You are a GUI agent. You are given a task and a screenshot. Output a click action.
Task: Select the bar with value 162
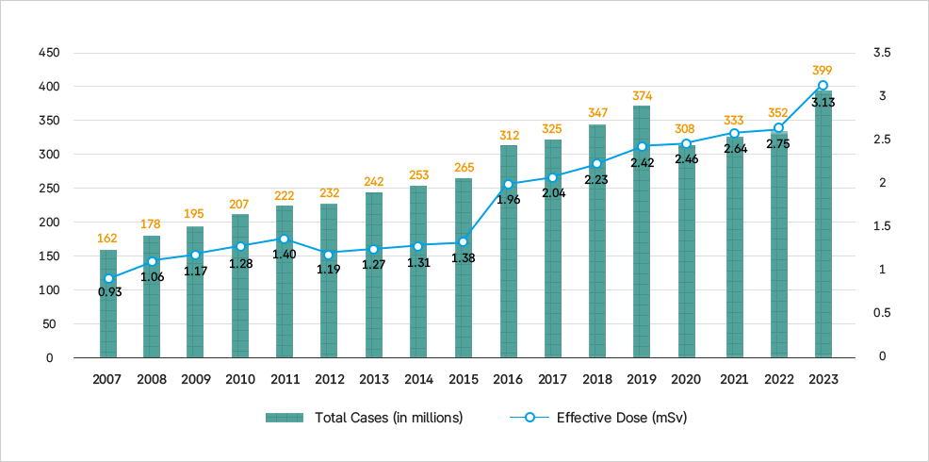[x=108, y=303]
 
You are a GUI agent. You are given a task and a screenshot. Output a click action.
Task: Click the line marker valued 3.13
[x=823, y=86]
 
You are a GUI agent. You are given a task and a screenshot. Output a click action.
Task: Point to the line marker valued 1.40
[x=284, y=239]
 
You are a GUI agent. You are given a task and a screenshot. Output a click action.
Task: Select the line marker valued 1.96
[x=509, y=185]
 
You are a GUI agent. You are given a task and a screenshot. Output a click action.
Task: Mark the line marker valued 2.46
[x=686, y=144]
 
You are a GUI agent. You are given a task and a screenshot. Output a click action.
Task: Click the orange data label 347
[x=597, y=112]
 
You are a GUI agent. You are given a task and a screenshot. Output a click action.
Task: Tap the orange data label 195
[x=195, y=213]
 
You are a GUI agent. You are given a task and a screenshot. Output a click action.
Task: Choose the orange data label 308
[x=686, y=128]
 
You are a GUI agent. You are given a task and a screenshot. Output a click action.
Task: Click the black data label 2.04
[x=553, y=193]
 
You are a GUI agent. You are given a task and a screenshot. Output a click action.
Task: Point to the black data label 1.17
[x=195, y=271]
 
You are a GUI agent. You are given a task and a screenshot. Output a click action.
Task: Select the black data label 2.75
[x=778, y=144]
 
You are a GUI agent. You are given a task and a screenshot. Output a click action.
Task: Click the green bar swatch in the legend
[x=284, y=418]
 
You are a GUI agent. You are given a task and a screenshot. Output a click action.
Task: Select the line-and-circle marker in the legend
[x=530, y=417]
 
